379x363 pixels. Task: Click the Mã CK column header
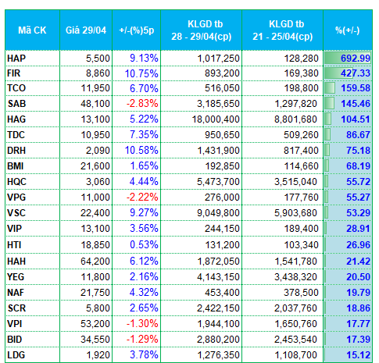[32, 30]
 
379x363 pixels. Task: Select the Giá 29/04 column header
[86, 30]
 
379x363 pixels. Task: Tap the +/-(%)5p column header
[137, 30]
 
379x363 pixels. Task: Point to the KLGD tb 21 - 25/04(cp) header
[283, 30]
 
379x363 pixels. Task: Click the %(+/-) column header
[348, 30]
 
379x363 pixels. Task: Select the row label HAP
[16, 59]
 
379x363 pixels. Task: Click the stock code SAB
[16, 104]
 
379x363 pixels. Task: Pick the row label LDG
[16, 355]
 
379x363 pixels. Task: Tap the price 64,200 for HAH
[95, 261]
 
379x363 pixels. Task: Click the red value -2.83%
[142, 103]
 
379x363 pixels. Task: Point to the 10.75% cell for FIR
[141, 73]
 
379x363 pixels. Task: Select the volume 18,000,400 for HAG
[216, 119]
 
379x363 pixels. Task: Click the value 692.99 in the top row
[356, 58]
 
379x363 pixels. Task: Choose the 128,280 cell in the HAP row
[301, 59]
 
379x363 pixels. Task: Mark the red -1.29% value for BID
[142, 339]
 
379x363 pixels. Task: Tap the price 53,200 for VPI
[95, 324]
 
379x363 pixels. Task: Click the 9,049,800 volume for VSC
[218, 213]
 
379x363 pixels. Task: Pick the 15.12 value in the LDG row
[358, 354]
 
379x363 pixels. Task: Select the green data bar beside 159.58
[330, 88]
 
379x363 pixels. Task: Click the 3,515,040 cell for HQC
[295, 182]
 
